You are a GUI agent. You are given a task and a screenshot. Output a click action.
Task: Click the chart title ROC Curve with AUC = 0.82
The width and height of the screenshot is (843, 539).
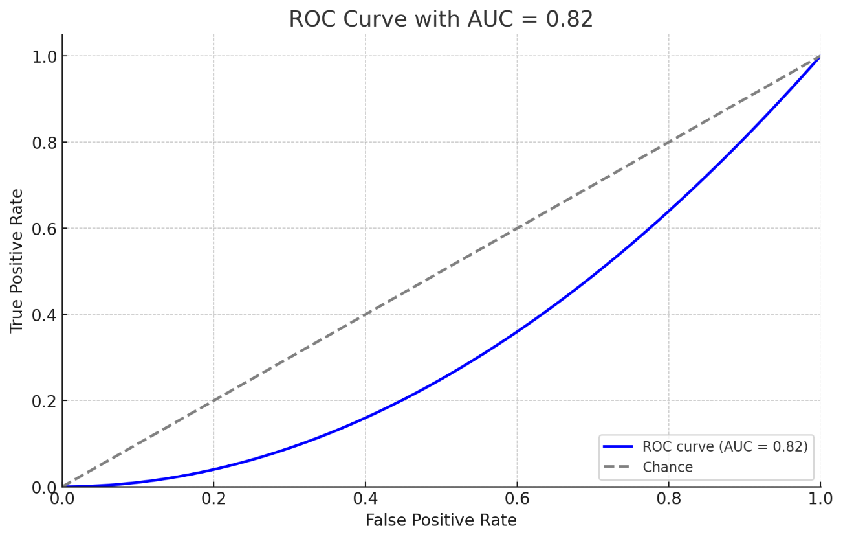tap(441, 19)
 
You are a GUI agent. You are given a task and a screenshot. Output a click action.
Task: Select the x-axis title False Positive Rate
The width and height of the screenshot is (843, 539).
tap(441, 520)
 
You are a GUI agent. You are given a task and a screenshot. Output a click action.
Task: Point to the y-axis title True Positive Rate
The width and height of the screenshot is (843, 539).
tap(17, 260)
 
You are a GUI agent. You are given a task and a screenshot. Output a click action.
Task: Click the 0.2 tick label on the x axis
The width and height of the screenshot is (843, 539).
tap(213, 499)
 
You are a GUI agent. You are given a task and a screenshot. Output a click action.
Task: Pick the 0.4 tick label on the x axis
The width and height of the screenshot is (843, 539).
tap(366, 499)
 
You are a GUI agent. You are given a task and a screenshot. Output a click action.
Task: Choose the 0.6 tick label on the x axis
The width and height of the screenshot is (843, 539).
tap(517, 499)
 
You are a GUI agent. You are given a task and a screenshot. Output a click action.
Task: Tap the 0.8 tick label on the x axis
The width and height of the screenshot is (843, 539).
tap(669, 499)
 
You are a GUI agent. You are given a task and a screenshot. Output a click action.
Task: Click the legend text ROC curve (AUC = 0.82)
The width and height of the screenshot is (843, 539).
tap(725, 446)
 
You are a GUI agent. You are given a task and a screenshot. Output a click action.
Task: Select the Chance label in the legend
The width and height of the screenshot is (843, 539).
tap(667, 467)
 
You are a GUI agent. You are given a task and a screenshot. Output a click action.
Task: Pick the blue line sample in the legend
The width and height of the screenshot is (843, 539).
tap(618, 446)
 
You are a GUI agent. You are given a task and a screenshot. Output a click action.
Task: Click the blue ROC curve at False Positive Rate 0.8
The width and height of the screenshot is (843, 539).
tap(669, 211)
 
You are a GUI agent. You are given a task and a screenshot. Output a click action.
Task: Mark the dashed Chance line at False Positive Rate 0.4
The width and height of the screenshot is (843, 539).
tap(366, 315)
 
